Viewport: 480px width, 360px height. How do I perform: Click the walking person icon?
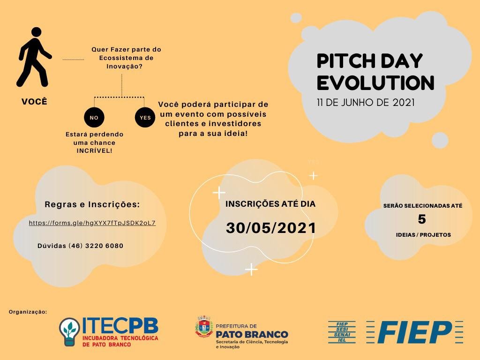pos(34,57)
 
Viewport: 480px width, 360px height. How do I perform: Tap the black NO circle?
pos(94,118)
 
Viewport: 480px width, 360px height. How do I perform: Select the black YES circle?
pos(145,118)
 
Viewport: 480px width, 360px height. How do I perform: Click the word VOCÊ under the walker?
pos(34,102)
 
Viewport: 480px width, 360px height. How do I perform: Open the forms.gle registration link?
pos(92,223)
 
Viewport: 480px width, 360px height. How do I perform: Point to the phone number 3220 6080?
pos(104,246)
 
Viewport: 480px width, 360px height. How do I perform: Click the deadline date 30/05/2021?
pos(271,228)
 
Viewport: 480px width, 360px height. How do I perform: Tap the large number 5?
pos(422,219)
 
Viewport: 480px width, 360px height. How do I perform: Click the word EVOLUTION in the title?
pos(375,82)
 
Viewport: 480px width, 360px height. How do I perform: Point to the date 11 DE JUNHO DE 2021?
pos(366,102)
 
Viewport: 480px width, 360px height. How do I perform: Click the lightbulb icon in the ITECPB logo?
pos(69,332)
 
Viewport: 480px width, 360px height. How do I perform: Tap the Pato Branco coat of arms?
pos(204,326)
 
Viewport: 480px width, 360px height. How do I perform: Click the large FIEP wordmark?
pos(414,332)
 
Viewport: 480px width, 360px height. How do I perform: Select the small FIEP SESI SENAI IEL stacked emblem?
pos(342,332)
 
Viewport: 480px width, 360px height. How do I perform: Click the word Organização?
pos(28,312)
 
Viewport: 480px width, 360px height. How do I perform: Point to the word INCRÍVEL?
pos(94,150)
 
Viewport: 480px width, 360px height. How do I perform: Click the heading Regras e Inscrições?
pos(92,204)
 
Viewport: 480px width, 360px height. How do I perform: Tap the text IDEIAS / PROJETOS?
pos(423,235)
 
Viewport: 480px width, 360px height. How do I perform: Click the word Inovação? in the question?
pos(124,66)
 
